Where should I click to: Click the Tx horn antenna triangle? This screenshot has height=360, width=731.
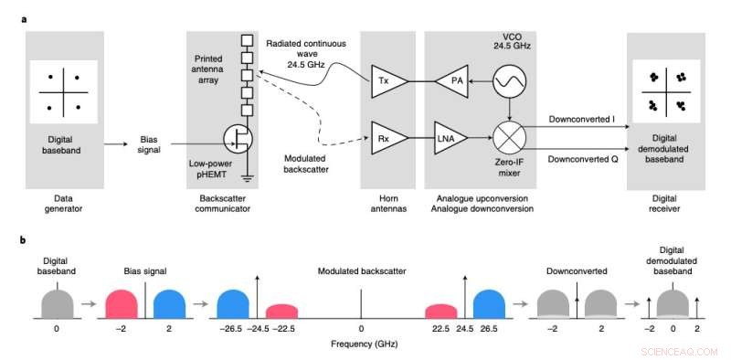pyautogui.click(x=383, y=81)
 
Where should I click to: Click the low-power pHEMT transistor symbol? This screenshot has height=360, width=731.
pyautogui.click(x=239, y=140)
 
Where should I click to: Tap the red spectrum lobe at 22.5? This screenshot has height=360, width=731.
pyautogui.click(x=440, y=310)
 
